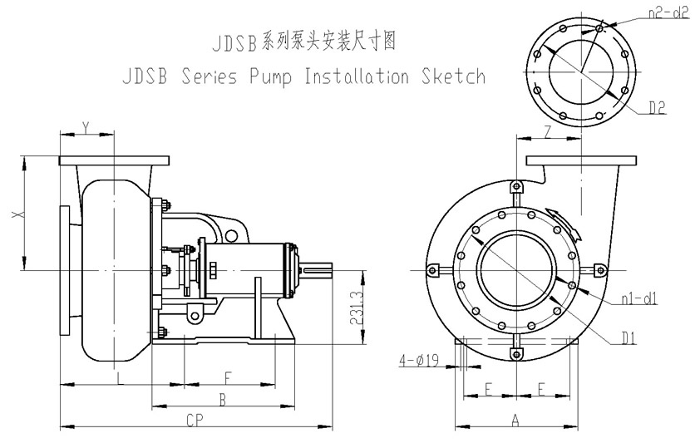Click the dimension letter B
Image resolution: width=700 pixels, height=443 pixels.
pyautogui.click(x=222, y=400)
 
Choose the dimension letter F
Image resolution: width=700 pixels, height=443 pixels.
pyautogui.click(x=228, y=377)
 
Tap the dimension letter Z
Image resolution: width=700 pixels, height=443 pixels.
pyautogui.click(x=546, y=130)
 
